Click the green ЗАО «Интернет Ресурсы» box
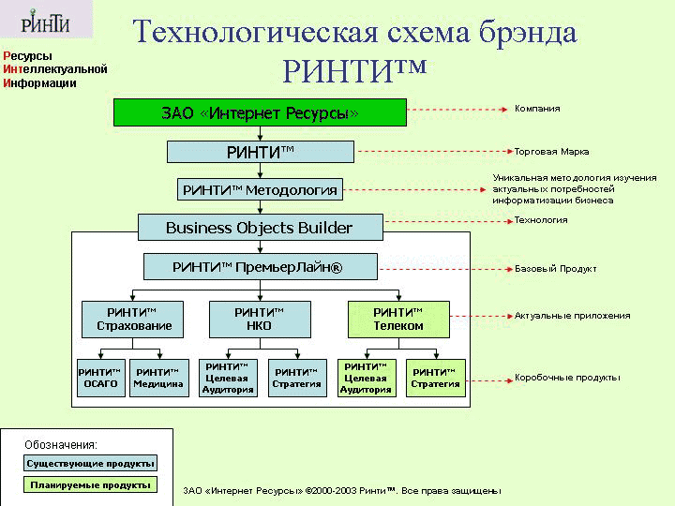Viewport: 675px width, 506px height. tap(260, 112)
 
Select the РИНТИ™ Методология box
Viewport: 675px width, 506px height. tap(260, 189)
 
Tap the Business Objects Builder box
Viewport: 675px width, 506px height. tap(260, 227)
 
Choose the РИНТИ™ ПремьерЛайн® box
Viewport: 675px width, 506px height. tap(260, 267)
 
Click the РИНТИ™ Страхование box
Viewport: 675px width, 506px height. tap(132, 320)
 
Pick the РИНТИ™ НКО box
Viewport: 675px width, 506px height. tap(260, 320)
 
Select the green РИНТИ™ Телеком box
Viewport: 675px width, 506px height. tap(398, 320)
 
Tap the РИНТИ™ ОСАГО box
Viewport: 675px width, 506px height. tap(101, 378)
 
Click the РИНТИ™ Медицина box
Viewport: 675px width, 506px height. tap(159, 378)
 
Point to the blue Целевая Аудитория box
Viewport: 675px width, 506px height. tap(228, 378)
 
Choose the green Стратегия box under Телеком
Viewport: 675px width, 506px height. tap(436, 378)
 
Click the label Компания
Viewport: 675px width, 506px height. tap(537, 109)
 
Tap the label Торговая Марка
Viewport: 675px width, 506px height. tap(552, 152)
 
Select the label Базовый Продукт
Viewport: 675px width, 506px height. tap(556, 269)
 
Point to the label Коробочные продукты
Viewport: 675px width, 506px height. tap(567, 378)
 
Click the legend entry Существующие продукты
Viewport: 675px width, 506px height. tap(90, 464)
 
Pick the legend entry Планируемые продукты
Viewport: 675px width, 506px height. tap(90, 485)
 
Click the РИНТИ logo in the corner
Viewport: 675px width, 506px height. tap(46, 20)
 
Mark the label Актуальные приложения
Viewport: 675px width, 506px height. tap(573, 316)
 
